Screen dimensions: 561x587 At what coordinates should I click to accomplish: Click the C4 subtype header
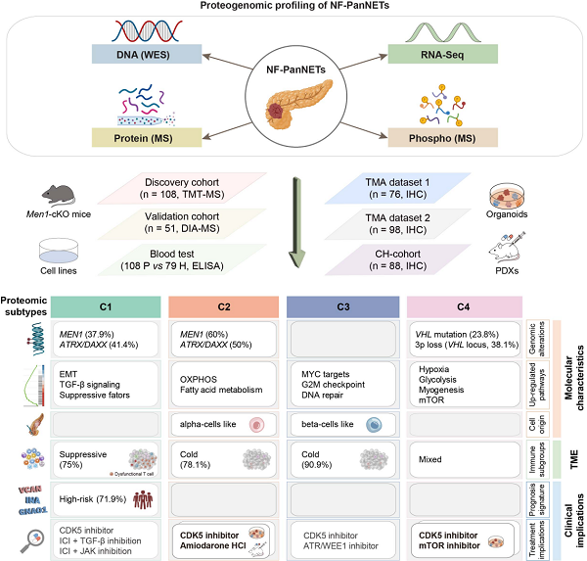(x=465, y=304)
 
